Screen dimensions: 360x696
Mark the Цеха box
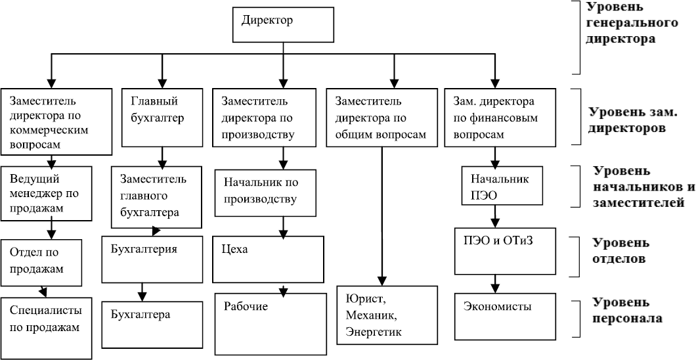pyautogui.click(x=270, y=259)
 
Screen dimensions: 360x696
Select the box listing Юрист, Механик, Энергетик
pyautogui.click(x=386, y=315)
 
